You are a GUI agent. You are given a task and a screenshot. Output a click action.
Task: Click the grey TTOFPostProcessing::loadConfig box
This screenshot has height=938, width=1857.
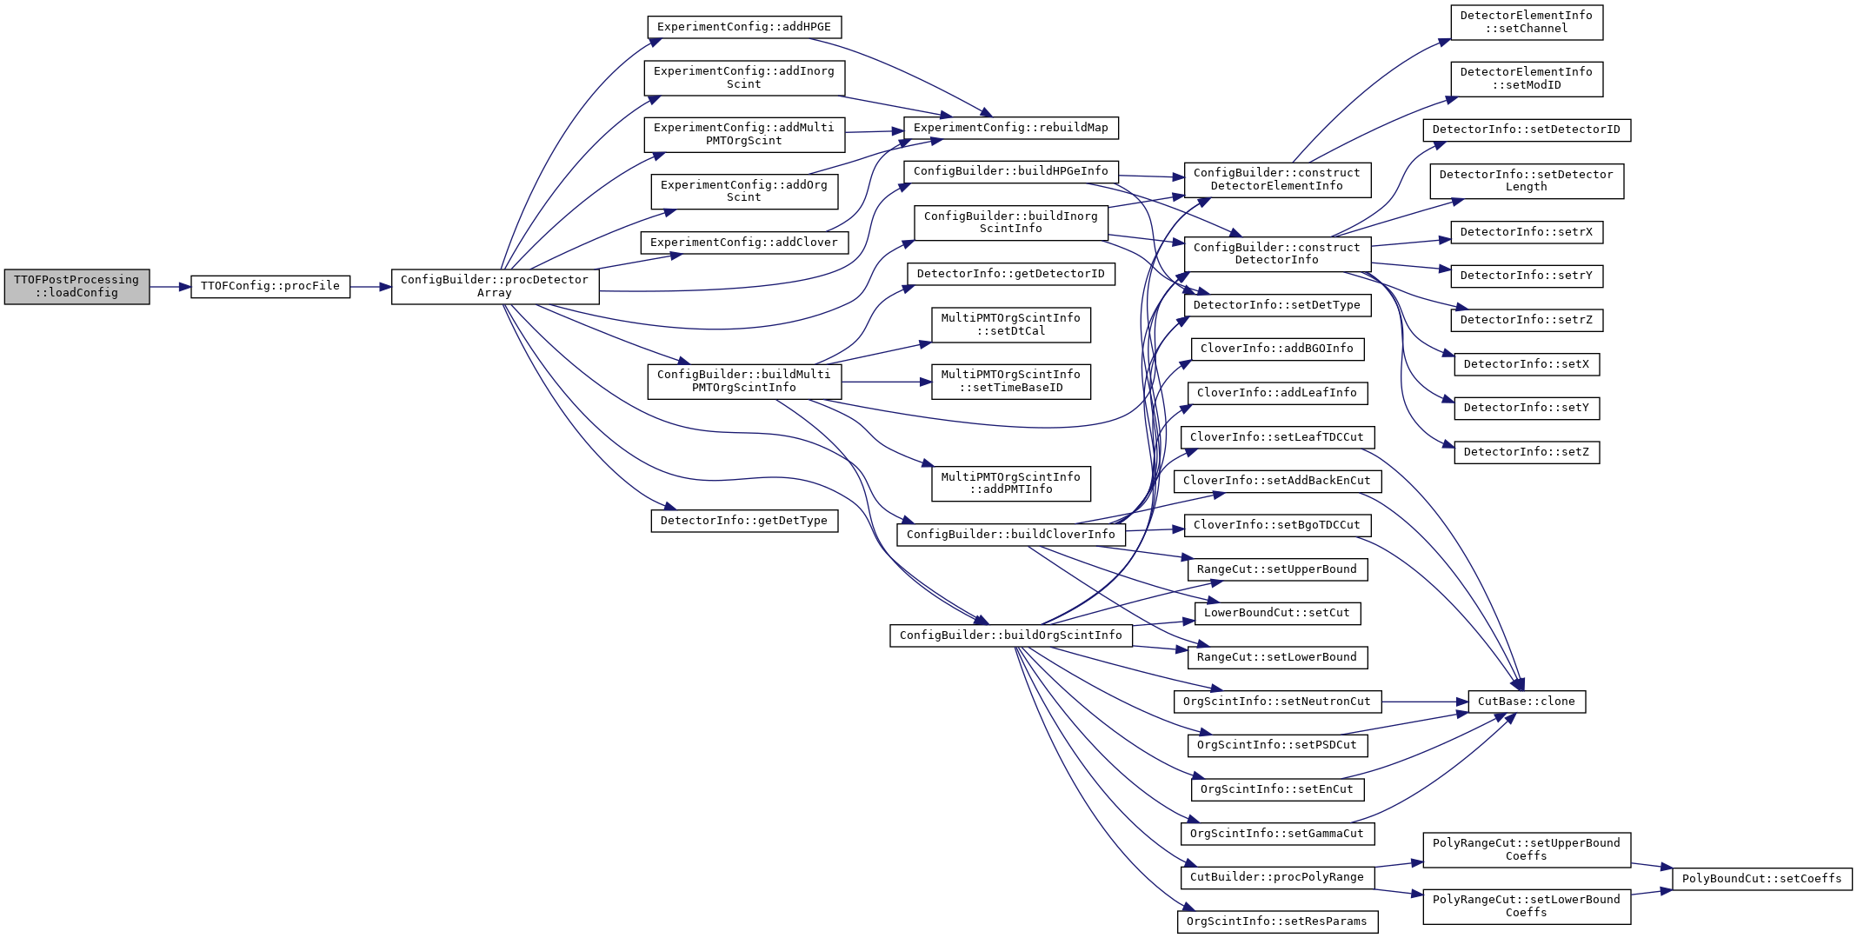coord(77,286)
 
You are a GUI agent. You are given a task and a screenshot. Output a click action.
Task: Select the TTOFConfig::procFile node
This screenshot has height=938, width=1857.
coord(270,286)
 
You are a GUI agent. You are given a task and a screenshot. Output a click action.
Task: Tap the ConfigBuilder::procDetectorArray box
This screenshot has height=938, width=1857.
coord(495,286)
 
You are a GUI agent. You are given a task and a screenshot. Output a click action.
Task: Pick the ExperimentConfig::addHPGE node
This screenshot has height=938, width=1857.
coord(744,27)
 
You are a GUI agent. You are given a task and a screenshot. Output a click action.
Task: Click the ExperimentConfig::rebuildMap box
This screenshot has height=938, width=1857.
coord(1011,128)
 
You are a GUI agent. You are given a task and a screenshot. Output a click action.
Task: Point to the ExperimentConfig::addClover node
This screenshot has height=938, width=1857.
coord(744,243)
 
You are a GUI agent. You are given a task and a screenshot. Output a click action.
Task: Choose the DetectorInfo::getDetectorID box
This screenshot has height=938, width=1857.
coord(1011,274)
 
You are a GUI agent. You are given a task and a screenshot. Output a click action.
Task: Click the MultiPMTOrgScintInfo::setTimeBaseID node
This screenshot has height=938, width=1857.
coord(1011,382)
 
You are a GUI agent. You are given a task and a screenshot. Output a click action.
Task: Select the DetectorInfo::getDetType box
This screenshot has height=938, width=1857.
coord(744,521)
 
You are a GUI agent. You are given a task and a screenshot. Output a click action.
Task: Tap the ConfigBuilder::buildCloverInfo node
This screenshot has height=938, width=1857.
coord(1011,535)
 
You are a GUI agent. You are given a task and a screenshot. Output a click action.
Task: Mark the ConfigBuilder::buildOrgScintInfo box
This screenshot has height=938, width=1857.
coord(1011,635)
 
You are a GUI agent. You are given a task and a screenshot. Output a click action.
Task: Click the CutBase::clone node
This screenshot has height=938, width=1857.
coord(1527,702)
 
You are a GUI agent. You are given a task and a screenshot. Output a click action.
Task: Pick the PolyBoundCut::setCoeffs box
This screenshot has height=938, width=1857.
coord(1762,879)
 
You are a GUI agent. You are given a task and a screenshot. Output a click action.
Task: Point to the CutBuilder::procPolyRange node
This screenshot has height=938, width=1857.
coord(1277,877)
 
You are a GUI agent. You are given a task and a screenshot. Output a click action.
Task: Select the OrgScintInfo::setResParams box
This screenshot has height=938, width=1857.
coord(1277,921)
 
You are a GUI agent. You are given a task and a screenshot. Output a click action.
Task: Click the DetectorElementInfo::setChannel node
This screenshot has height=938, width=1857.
coord(1527,22)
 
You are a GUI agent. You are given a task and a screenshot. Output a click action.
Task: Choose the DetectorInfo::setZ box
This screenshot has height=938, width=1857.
coord(1527,452)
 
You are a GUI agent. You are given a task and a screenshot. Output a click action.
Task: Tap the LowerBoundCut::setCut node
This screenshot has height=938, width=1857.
coord(1277,613)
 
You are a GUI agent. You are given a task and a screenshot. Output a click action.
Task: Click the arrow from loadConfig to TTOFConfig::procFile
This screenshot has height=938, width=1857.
coord(170,287)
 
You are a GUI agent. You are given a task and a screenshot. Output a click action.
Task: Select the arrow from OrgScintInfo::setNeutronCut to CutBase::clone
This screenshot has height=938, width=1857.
coord(1425,702)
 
